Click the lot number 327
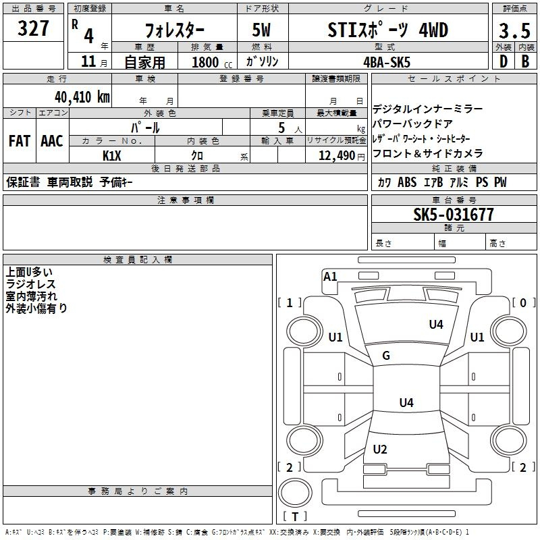pyautogui.click(x=33, y=28)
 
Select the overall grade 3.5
pyautogui.click(x=514, y=30)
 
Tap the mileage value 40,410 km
pyautogui.click(x=82, y=97)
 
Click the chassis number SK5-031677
pyautogui.click(x=454, y=215)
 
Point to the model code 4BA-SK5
pyautogui.click(x=387, y=62)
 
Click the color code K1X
pyautogui.click(x=112, y=156)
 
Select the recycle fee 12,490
pyautogui.click(x=337, y=156)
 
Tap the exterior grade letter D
pyautogui.click(x=504, y=61)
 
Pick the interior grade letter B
pyautogui.click(x=525, y=61)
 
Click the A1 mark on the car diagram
pyautogui.click(x=330, y=277)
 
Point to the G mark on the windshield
pyautogui.click(x=386, y=355)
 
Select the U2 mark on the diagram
pyautogui.click(x=380, y=449)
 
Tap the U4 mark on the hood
pyautogui.click(x=436, y=324)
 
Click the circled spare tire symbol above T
pyautogui.click(x=295, y=492)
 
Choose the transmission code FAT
pyautogui.click(x=20, y=141)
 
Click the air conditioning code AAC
pyautogui.click(x=52, y=141)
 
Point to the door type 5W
pyautogui.click(x=261, y=30)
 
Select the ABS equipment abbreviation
pyautogui.click(x=407, y=182)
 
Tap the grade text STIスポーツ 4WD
pyautogui.click(x=387, y=30)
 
